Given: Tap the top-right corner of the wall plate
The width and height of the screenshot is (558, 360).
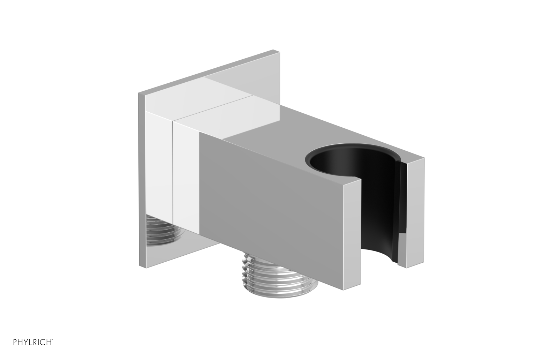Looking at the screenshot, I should point(278,52).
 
